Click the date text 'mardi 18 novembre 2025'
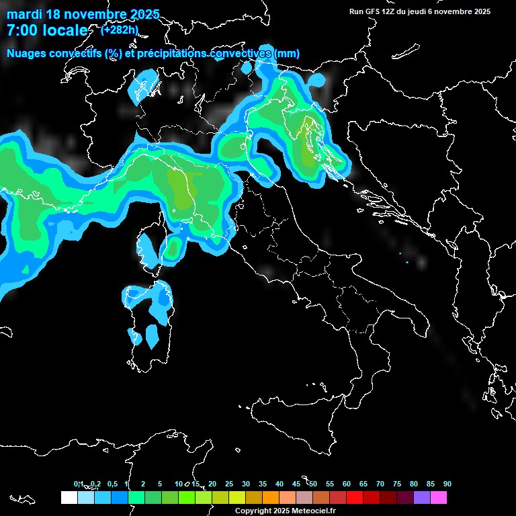[x=83, y=14]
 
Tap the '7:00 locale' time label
[x=47, y=30]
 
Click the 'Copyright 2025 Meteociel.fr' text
[x=286, y=511]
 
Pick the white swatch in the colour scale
[x=69, y=497]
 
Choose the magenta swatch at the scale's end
[x=439, y=497]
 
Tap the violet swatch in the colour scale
[x=422, y=497]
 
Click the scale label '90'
[x=447, y=484]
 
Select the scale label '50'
[x=313, y=484]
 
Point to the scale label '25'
[x=229, y=484]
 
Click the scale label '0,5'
[x=112, y=484]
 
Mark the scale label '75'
[x=397, y=484]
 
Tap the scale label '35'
[x=263, y=484]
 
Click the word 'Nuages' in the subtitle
[x=26, y=53]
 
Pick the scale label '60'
[x=347, y=484]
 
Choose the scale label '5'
[x=160, y=484]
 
